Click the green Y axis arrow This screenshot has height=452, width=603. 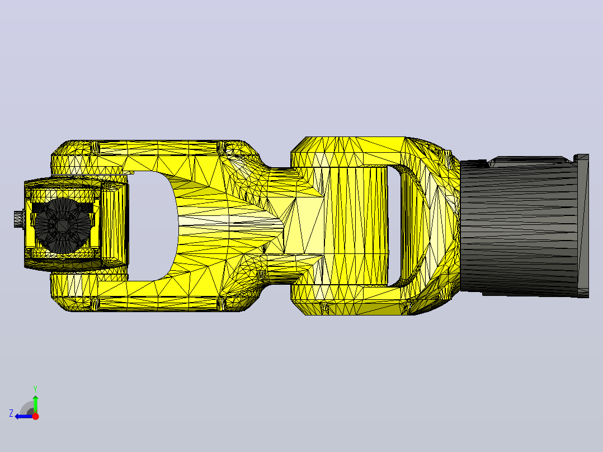click(x=35, y=404)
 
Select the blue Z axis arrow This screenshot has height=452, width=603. click(x=24, y=416)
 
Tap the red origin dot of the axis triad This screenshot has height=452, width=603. click(x=35, y=416)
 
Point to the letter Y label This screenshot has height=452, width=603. click(x=35, y=389)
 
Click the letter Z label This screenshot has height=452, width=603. click(x=11, y=413)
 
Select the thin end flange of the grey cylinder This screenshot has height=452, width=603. click(x=583, y=226)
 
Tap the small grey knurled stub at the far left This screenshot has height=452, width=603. click(x=19, y=219)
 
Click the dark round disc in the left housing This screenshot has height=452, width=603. click(x=62, y=226)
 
